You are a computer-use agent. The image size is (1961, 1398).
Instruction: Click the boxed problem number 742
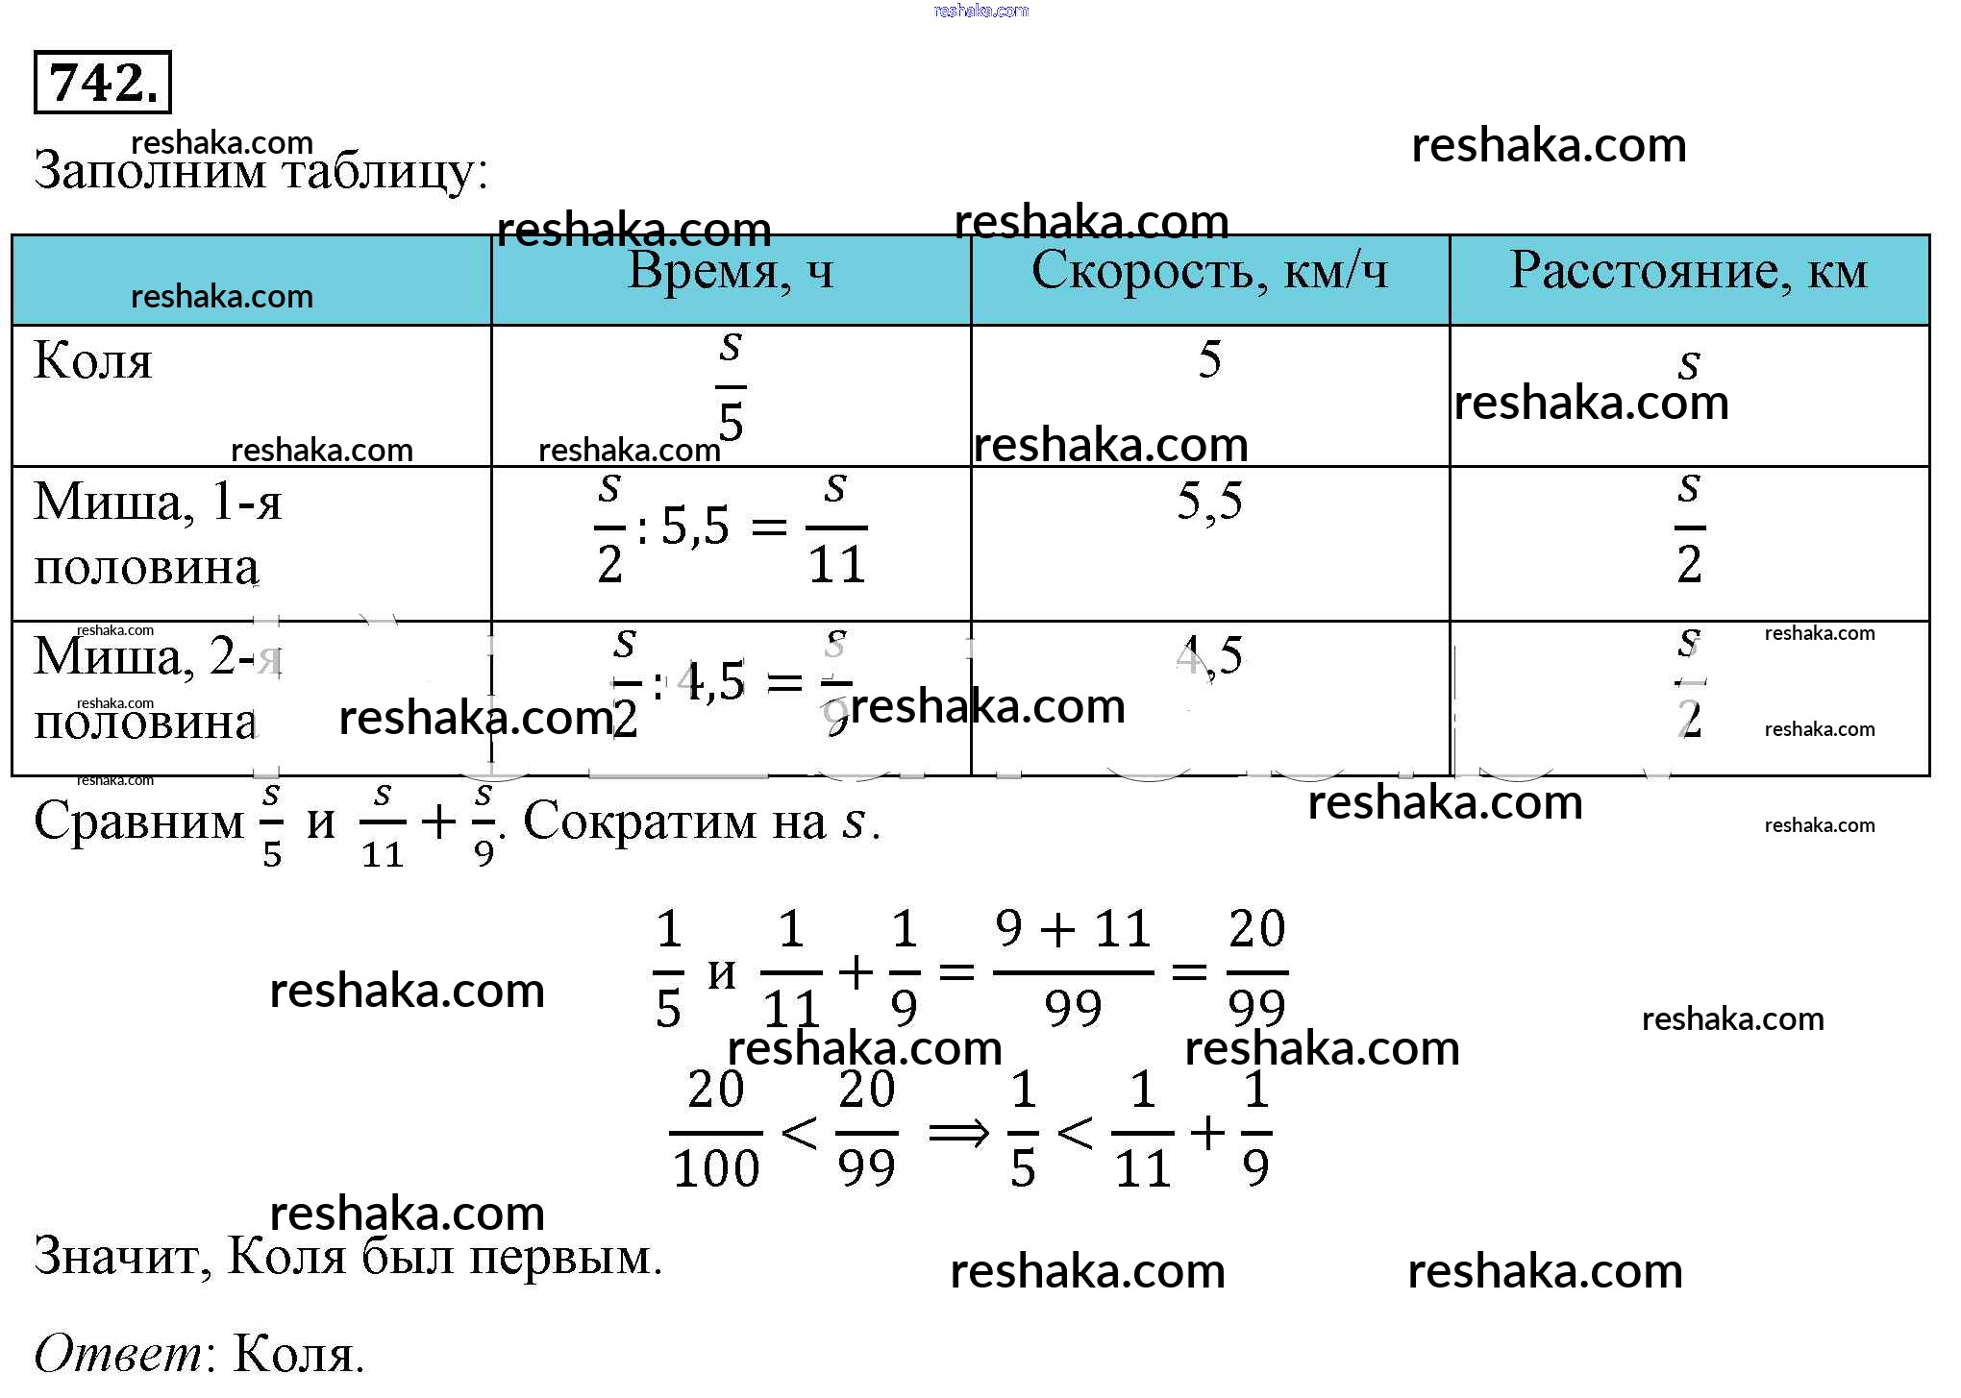click(102, 83)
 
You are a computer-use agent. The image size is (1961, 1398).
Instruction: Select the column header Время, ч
click(731, 272)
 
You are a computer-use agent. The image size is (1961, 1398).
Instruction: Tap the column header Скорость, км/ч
click(1209, 272)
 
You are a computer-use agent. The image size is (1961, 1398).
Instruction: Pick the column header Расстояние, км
click(1688, 272)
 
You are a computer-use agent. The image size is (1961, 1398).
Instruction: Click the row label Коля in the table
click(93, 362)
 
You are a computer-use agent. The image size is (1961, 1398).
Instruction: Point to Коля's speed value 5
click(1209, 360)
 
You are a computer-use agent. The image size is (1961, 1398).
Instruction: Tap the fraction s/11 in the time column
click(836, 528)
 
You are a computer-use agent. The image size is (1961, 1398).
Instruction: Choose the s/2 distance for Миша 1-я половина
click(1689, 528)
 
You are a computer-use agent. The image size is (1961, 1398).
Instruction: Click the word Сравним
click(139, 822)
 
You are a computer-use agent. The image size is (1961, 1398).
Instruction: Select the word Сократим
click(674, 822)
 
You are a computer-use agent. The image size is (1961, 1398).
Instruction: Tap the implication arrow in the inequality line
click(958, 1133)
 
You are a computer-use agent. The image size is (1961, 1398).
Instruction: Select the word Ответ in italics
click(118, 1355)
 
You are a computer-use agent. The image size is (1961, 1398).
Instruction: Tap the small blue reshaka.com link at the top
click(980, 11)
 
